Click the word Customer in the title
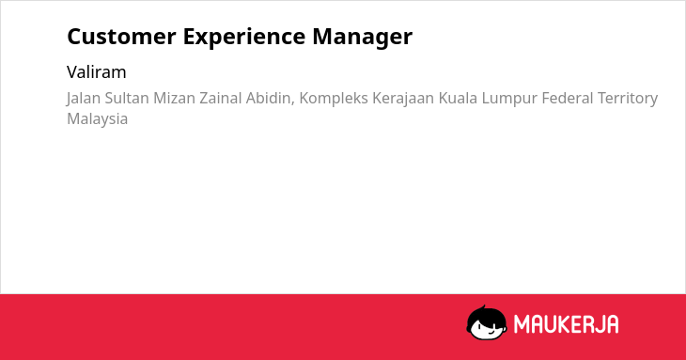point(121,37)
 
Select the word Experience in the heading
point(244,38)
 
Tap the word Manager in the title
point(362,38)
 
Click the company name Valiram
point(96,72)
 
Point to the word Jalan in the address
point(83,99)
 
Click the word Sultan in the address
point(127,98)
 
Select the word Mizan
point(174,98)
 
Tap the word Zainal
point(221,98)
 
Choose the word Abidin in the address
point(270,99)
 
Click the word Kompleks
point(334,99)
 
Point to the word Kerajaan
point(403,99)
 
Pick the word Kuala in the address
point(458,98)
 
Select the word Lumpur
point(509,99)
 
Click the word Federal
point(567,98)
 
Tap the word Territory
point(628,99)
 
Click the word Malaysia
point(97,119)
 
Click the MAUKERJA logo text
point(566,324)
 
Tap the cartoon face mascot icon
point(487,322)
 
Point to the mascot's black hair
point(486,315)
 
